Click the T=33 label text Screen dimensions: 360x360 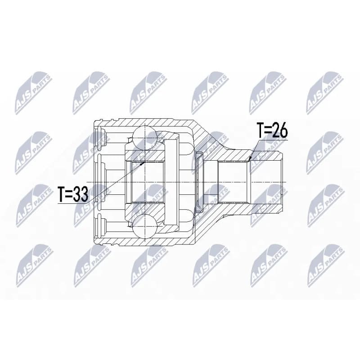(x=73, y=194)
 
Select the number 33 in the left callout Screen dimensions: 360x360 (x=81, y=194)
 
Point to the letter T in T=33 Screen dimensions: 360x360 (x=62, y=194)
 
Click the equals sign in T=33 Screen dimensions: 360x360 (x=69, y=194)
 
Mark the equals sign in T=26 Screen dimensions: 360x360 (x=268, y=130)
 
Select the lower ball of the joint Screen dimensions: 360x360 (x=145, y=226)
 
